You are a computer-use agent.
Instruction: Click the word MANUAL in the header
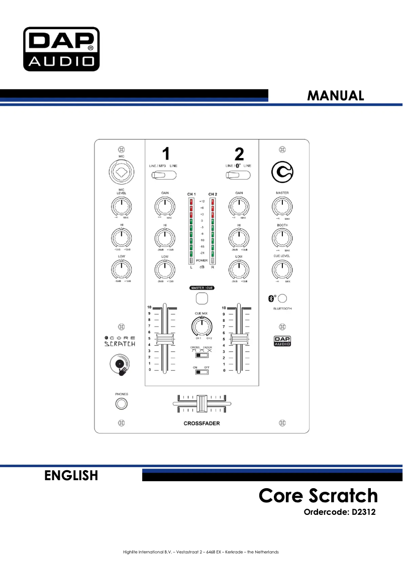click(x=335, y=95)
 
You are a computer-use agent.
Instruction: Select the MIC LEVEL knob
click(x=121, y=206)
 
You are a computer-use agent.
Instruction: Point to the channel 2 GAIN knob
click(x=239, y=206)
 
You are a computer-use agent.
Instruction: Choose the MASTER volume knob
click(x=282, y=206)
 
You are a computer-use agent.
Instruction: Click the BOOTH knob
click(x=282, y=238)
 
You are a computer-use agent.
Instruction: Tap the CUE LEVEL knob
click(x=282, y=270)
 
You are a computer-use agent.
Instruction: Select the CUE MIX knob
click(x=201, y=326)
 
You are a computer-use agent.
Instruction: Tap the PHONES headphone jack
click(x=121, y=404)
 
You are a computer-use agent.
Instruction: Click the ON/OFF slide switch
click(x=201, y=372)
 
